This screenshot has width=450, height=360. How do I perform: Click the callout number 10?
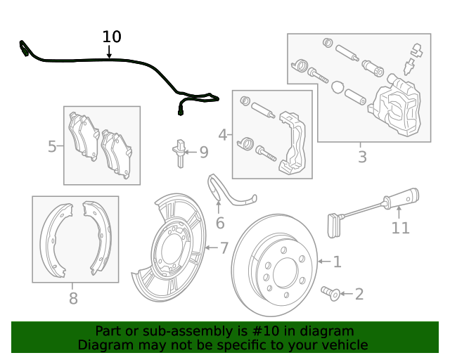(112, 37)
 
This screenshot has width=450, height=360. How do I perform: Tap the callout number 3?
(362, 157)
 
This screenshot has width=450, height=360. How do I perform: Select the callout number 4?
(223, 134)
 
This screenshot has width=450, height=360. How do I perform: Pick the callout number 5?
(52, 147)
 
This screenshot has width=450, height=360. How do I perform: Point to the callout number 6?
(220, 223)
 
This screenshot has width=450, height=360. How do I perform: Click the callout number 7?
(224, 247)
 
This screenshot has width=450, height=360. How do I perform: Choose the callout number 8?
(73, 298)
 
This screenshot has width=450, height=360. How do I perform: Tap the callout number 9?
(203, 152)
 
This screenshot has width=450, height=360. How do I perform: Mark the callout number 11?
(400, 228)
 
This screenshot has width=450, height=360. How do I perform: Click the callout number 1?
(337, 262)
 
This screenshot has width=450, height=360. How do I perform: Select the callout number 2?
(359, 294)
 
